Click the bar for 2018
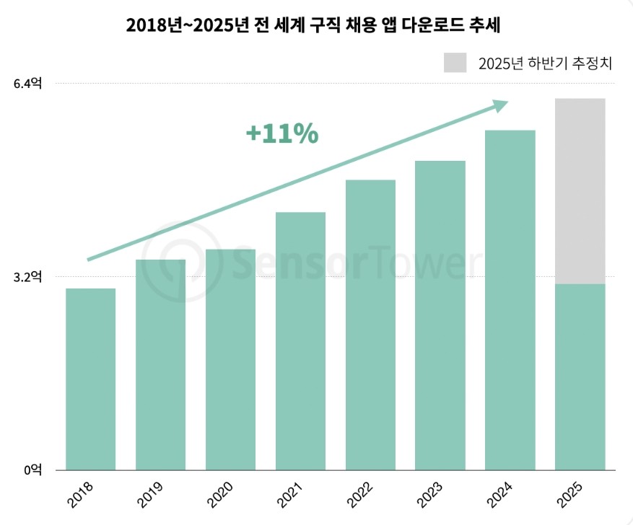[91, 379]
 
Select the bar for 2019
[161, 364]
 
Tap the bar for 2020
[231, 359]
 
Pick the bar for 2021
[301, 340]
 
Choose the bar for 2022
[371, 325]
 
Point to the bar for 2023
[441, 315]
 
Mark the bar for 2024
[510, 299]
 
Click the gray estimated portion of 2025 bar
[580, 191]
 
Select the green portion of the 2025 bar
[580, 376]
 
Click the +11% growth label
[281, 134]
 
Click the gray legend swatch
[455, 63]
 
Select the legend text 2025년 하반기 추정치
[544, 63]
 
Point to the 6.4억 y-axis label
[28, 84]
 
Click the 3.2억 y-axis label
[28, 276]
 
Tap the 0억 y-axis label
[33, 469]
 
